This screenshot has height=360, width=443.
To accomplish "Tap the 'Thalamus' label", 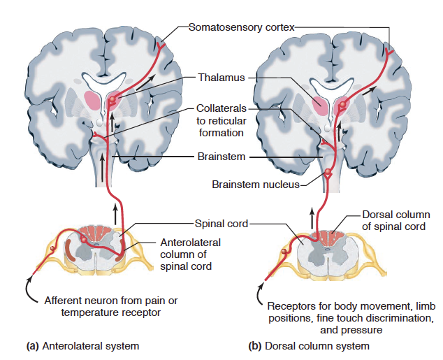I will tap(220, 78).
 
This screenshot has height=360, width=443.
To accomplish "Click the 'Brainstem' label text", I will tap(221, 157).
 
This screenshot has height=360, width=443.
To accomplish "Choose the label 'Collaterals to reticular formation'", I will tap(220, 121).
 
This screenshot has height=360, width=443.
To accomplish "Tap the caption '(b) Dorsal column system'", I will tap(309, 345).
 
